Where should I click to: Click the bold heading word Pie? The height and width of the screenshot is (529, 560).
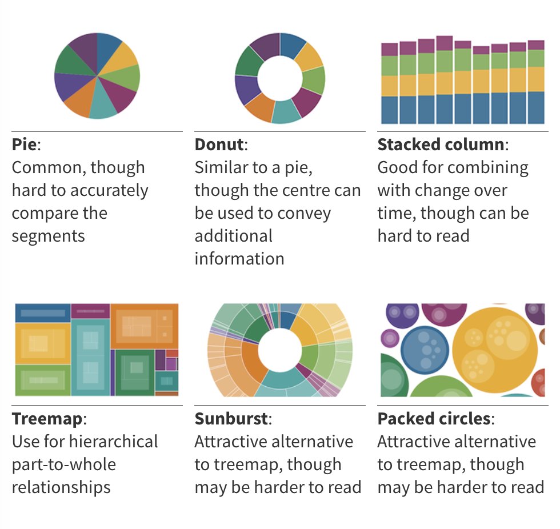click(24, 145)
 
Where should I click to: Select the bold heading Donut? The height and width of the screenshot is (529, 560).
click(219, 145)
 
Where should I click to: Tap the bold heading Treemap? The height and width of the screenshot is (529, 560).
click(47, 419)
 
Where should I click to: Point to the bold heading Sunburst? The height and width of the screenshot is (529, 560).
click(231, 419)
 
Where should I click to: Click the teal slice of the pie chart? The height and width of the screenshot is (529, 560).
click(103, 107)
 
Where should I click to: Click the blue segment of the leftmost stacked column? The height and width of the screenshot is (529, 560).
click(390, 110)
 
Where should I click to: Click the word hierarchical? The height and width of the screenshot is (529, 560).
click(113, 442)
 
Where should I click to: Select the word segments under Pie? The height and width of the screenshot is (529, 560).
click(48, 236)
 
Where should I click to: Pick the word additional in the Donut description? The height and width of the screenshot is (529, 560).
click(233, 236)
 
